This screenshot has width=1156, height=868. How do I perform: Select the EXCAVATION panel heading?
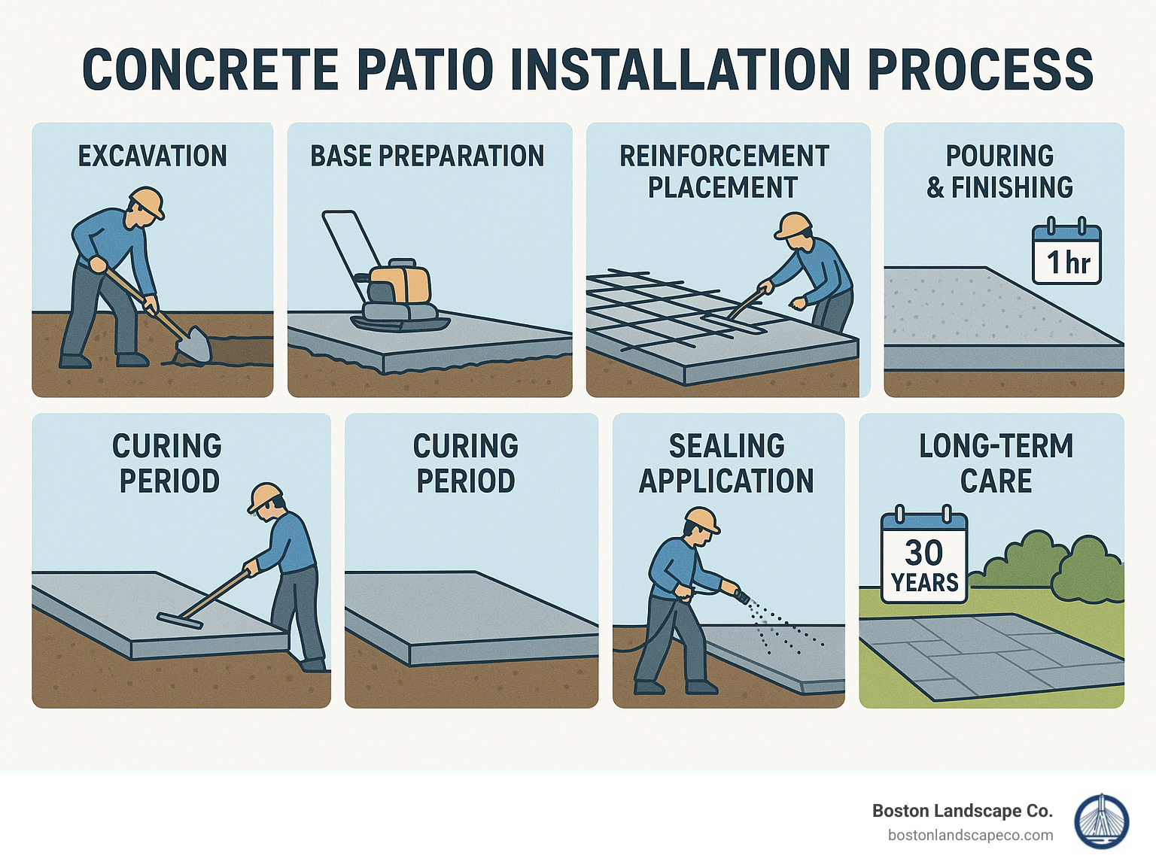tap(153, 156)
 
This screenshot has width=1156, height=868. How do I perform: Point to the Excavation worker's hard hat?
tap(148, 202)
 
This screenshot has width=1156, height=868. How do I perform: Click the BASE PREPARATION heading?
tap(427, 156)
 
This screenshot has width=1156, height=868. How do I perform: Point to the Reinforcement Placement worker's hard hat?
tap(795, 225)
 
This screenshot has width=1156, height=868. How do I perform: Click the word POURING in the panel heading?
tap(999, 156)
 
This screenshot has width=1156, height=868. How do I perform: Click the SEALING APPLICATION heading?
tap(726, 463)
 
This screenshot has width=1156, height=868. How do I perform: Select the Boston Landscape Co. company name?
tap(962, 811)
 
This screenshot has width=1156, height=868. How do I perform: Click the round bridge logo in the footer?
tap(1101, 821)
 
